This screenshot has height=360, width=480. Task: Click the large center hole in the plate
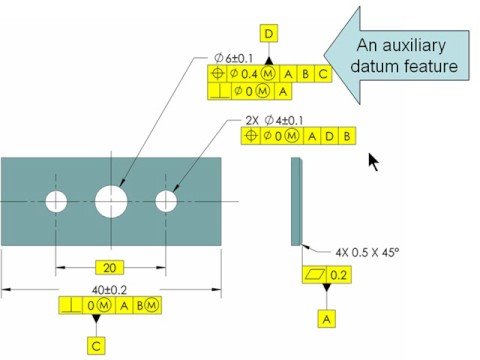tap(112, 201)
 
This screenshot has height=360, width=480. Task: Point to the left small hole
tap(56, 202)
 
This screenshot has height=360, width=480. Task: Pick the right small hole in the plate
tap(166, 201)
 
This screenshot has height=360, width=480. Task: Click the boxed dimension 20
tap(112, 267)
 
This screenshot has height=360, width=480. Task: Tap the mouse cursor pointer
tap(375, 162)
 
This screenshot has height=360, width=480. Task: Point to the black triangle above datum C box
tap(97, 319)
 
